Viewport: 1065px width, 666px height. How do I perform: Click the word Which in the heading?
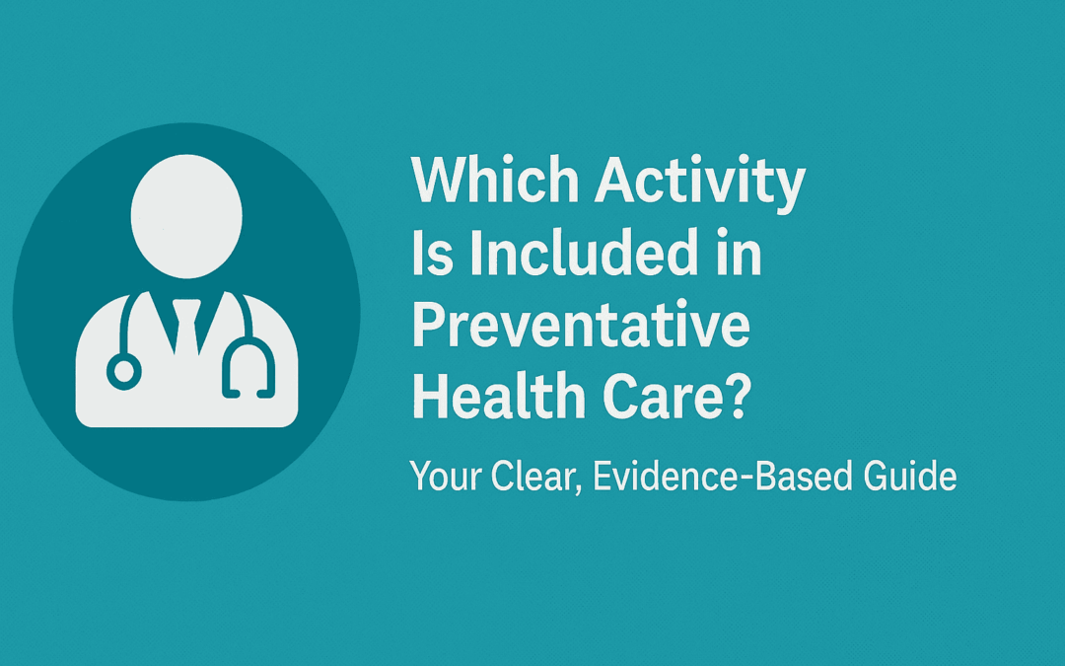(495, 180)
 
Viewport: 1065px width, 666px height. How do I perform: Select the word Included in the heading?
(582, 253)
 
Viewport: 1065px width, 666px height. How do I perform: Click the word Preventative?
(582, 325)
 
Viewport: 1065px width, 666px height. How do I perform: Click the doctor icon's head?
(186, 216)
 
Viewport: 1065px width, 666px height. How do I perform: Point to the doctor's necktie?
(186, 327)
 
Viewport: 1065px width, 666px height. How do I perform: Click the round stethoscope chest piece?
(124, 372)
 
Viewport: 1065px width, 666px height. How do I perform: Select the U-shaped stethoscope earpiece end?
(248, 369)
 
